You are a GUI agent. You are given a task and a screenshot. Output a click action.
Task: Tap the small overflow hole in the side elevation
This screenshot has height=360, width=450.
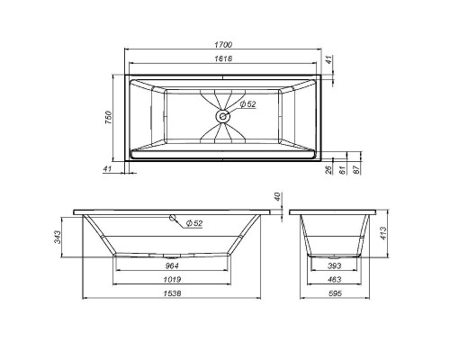(173, 219)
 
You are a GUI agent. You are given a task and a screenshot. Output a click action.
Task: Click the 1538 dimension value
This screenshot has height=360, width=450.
(167, 293)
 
